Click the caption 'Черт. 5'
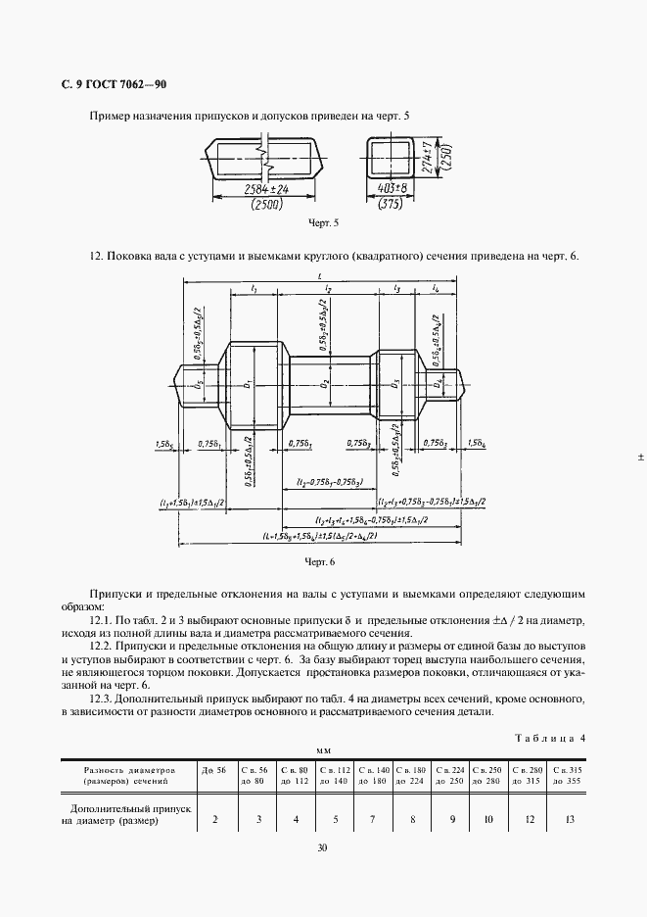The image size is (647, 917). pyautogui.click(x=323, y=223)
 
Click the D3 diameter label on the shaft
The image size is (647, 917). pyautogui.click(x=394, y=384)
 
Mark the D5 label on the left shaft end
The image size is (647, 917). pyautogui.click(x=200, y=384)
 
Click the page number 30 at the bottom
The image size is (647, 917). pyautogui.click(x=323, y=848)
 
